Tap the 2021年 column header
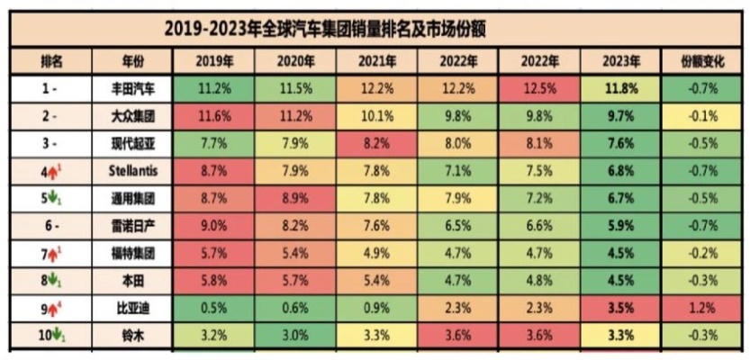click(376, 62)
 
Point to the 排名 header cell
click(51, 62)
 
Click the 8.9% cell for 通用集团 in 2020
click(294, 197)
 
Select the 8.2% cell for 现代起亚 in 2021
click(376, 143)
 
